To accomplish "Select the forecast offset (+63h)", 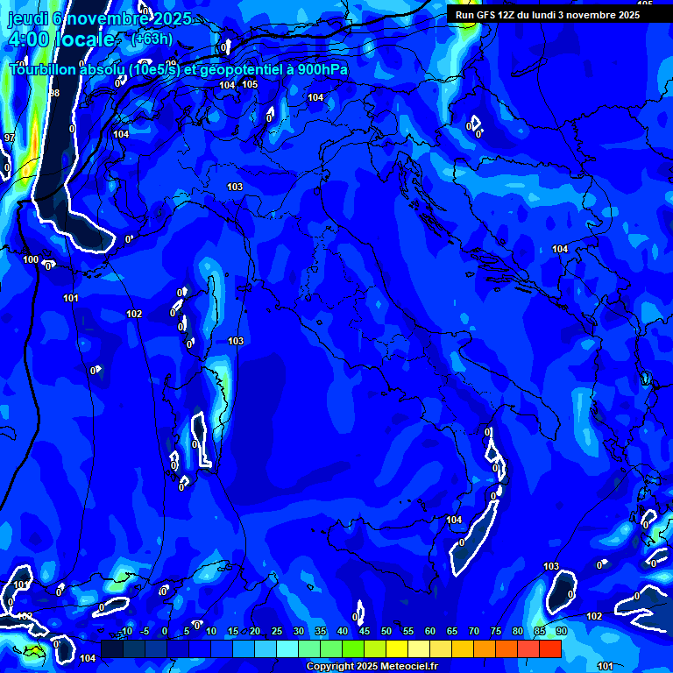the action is point(152,39).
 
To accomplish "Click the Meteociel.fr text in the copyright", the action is point(407,667).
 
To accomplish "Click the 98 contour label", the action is point(54,93).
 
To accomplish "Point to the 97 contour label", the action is point(10,138).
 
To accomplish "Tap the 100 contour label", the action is point(31,259).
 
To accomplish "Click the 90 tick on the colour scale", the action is point(561,632).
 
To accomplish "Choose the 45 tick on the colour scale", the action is point(364,632).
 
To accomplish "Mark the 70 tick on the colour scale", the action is point(473,632).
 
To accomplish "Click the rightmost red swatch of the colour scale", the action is point(549,648).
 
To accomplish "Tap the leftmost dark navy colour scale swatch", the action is point(111,648).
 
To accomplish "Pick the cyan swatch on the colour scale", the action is point(287,648).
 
